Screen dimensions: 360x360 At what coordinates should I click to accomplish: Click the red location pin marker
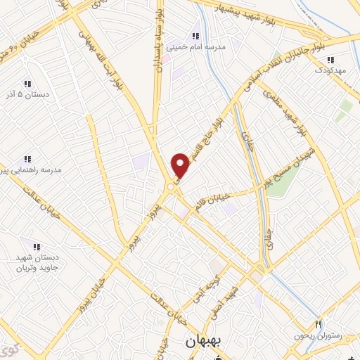[x=181, y=165]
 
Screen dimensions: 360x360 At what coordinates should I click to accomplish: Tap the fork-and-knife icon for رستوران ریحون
[x=319, y=324]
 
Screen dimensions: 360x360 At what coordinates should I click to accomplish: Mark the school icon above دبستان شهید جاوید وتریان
[x=36, y=246]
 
